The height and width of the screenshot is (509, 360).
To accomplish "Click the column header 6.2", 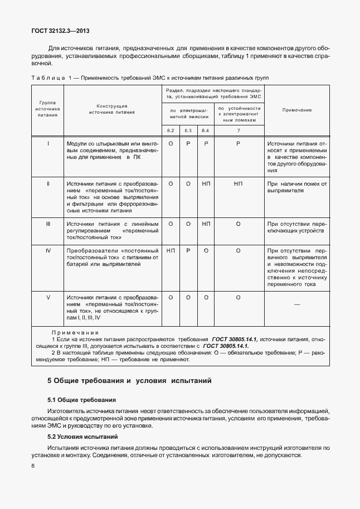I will (171, 130).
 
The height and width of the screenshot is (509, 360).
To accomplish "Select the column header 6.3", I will (188, 130).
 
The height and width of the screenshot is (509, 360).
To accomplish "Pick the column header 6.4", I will (206, 130).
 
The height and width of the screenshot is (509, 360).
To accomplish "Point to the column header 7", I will (238, 130).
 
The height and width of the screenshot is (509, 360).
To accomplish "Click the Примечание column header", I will (296, 110).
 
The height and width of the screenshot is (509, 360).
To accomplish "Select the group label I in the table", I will (48, 144).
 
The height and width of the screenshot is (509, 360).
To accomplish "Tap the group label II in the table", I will (48, 183).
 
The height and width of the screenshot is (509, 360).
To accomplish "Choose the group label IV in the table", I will (48, 251).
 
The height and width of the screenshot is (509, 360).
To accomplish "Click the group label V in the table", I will (48, 298).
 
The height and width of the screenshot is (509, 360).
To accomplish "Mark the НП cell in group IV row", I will (171, 251).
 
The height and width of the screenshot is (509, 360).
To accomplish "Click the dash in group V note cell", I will (296, 304).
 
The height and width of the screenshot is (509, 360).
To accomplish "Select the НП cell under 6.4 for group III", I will (206, 224).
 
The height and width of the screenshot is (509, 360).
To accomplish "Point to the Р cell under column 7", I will (238, 144).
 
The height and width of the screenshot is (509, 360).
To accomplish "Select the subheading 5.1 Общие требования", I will (82, 400).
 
